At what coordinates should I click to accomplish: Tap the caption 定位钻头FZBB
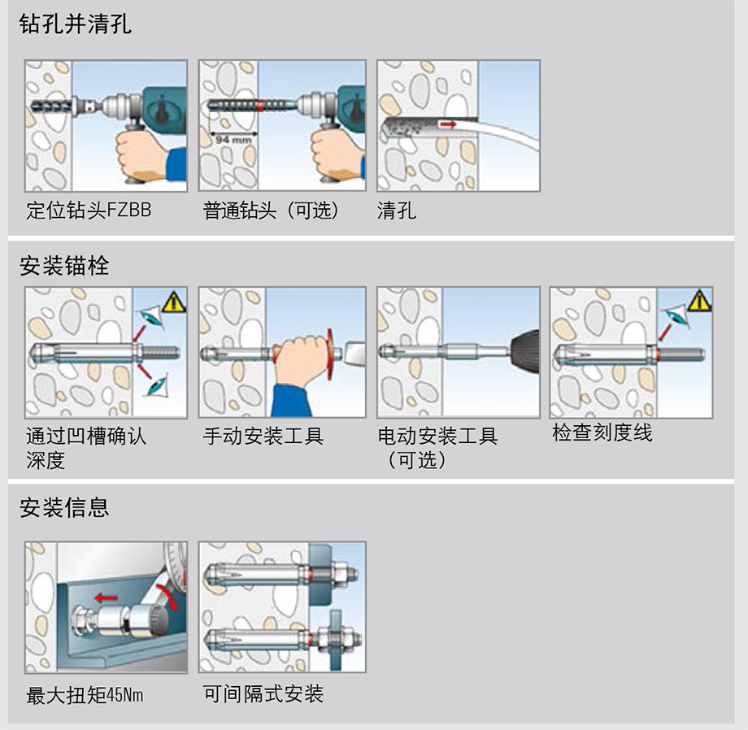pos(89,211)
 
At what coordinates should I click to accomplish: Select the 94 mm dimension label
pos(233,141)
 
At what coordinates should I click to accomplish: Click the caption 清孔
pos(397,211)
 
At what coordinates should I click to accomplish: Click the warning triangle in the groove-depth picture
pos(174,302)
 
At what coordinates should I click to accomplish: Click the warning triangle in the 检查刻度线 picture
pos(698,302)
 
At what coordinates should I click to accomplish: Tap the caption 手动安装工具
pos(263,437)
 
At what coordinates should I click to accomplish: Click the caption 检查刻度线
pos(602,433)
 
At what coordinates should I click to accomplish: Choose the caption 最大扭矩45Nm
pos(85,696)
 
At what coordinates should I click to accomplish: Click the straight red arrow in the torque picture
pos(106,599)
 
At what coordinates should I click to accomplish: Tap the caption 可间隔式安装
pos(263,693)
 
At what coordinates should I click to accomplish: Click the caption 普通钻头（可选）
pos(271,211)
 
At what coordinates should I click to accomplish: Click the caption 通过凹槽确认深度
pos(85,448)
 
